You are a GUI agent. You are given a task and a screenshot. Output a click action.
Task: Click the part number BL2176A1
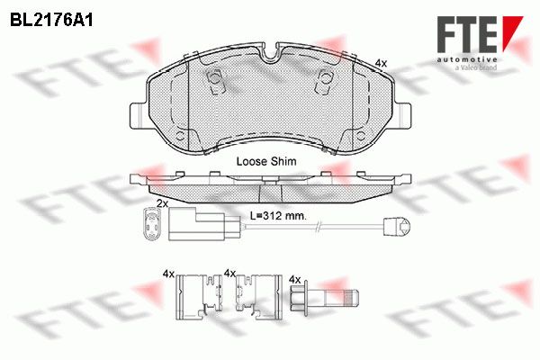coord(51,21)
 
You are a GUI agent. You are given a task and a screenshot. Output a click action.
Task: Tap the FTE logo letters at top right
coord(467,35)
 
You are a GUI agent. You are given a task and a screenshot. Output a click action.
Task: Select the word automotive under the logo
coord(467,60)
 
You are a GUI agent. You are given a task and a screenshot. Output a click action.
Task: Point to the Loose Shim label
coord(266,161)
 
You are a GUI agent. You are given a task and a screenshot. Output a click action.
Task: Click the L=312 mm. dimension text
coord(278,216)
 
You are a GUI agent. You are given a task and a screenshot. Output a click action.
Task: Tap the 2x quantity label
coord(162,203)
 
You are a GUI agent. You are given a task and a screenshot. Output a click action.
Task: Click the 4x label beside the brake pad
coord(381,63)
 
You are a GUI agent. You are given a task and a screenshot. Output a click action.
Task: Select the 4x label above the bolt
coord(295,279)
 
